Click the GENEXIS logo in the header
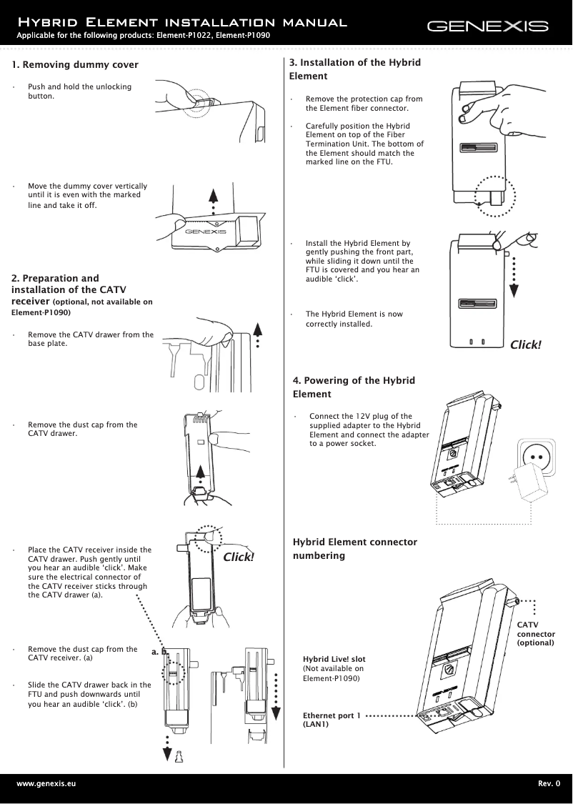tap(487, 27)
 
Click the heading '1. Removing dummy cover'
tap(75, 65)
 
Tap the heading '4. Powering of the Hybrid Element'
tap(354, 387)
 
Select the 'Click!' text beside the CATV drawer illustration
tap(239, 557)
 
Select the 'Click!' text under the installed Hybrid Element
tap(525, 345)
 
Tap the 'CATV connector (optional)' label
tap(535, 634)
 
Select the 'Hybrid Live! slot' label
tap(334, 658)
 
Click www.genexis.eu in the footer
tap(46, 784)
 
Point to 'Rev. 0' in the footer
tap(549, 784)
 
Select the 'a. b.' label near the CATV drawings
tap(159, 652)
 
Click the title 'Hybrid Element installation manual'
tap(182, 23)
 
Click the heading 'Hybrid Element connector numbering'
tap(355, 548)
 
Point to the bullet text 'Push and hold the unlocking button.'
tap(79, 91)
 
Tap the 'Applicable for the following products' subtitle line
tap(143, 36)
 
